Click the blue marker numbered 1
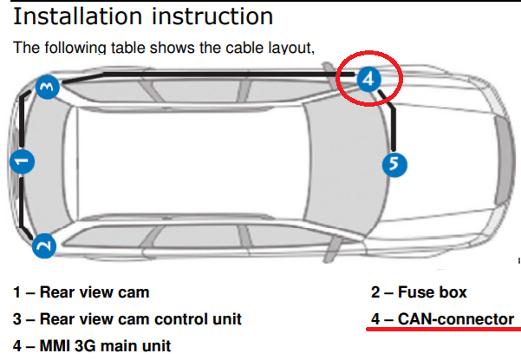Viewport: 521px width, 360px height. pyautogui.click(x=23, y=160)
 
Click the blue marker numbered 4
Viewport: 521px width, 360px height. pyautogui.click(x=368, y=80)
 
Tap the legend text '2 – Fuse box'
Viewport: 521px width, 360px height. pyautogui.click(x=419, y=293)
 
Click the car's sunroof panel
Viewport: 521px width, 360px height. pyautogui.click(x=186, y=161)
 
